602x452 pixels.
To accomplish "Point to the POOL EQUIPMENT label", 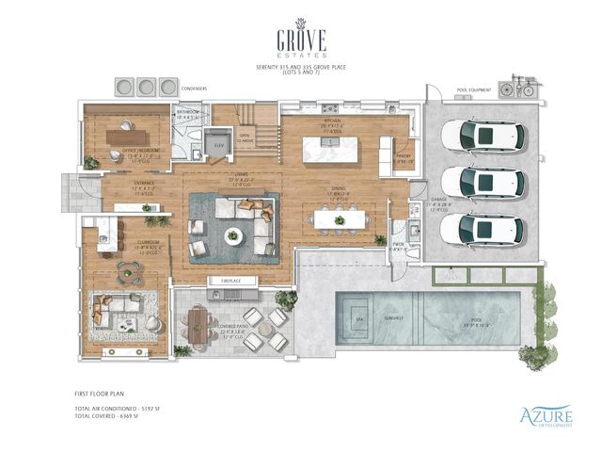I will tap(475, 91).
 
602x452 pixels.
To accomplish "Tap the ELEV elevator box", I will tap(219, 145).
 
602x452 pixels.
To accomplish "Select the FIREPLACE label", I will tap(233, 281).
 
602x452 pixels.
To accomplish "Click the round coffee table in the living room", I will tap(233, 234).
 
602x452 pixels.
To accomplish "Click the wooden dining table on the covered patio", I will tap(197, 325).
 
